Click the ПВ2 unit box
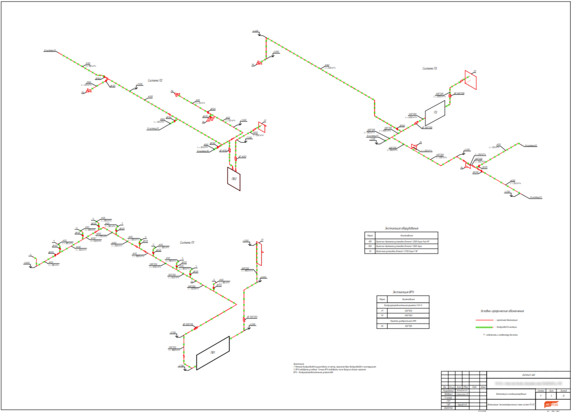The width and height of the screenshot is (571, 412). pos(233,178)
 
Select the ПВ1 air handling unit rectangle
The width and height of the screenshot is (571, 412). pos(213,353)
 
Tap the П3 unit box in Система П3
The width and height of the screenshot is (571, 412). pos(435,112)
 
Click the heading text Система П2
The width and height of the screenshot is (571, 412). pos(155,80)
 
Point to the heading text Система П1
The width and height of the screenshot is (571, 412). pos(186,242)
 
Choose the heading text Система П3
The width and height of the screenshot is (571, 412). pos(430,68)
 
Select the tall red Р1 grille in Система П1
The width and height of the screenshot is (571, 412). pos(259,254)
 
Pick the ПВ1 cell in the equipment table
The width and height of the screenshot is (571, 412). pos(370,241)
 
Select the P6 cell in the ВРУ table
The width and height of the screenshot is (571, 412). pos(382,326)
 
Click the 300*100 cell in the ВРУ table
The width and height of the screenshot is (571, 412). pos(408,326)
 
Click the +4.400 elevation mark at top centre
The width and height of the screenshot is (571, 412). pos(255,31)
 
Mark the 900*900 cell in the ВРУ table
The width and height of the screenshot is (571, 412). pos(408,316)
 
